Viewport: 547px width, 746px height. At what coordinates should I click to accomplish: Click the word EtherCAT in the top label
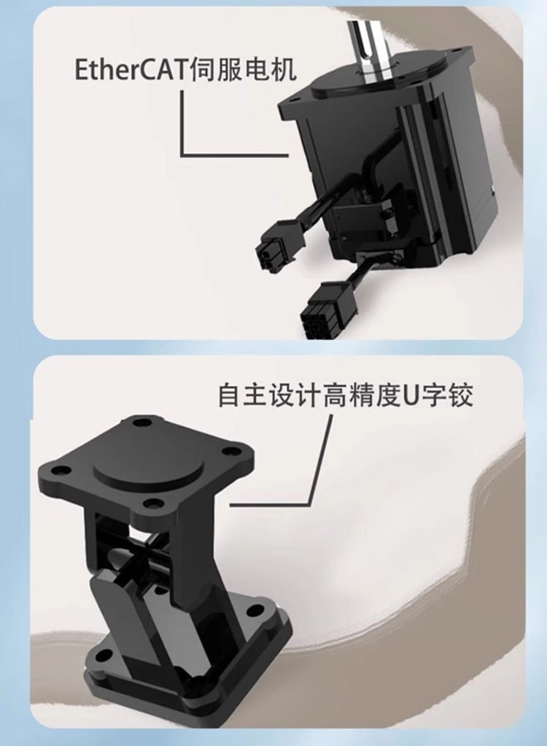(x=130, y=71)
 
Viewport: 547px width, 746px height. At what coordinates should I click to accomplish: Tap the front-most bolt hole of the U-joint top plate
(x=152, y=503)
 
